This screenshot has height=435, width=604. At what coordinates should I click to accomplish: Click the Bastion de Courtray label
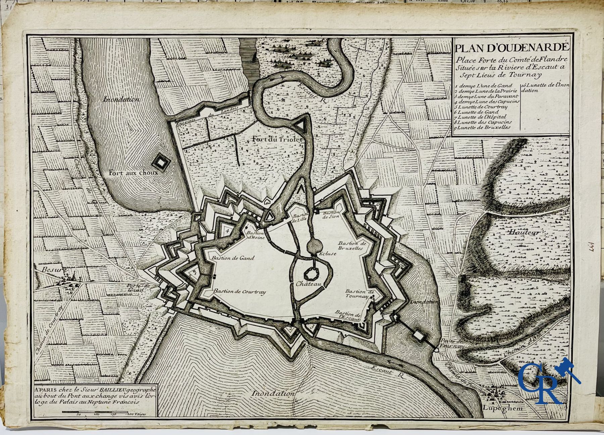coord(240,291)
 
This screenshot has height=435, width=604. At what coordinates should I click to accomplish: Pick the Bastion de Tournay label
coord(359,294)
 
